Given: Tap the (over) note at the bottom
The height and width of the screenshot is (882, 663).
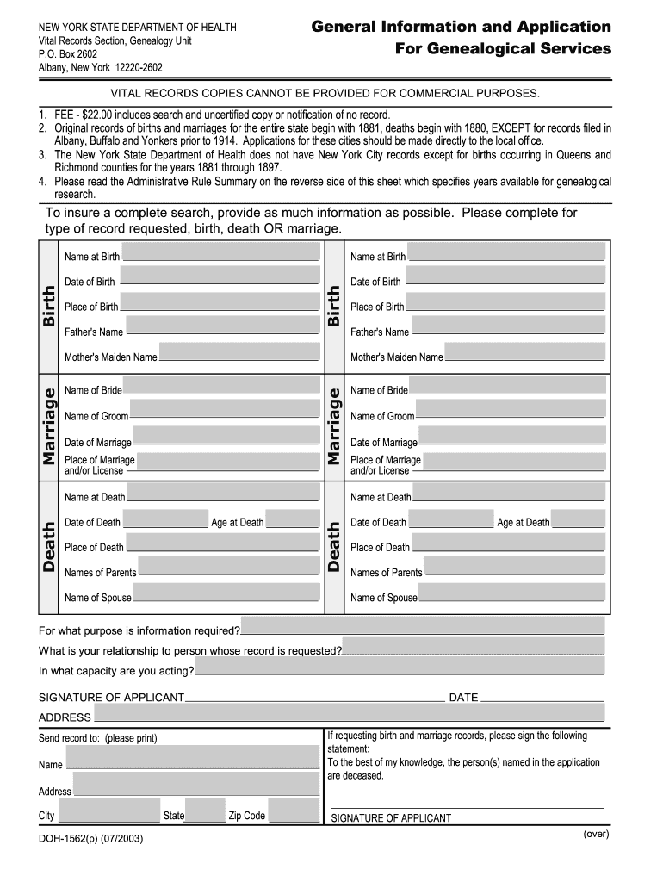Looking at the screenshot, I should click(x=596, y=834).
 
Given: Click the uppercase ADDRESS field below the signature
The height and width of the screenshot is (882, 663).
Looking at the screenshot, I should click(x=349, y=713).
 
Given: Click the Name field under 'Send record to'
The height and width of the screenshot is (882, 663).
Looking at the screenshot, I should click(x=192, y=758).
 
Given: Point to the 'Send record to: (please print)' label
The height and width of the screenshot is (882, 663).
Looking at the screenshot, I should click(x=98, y=738).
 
